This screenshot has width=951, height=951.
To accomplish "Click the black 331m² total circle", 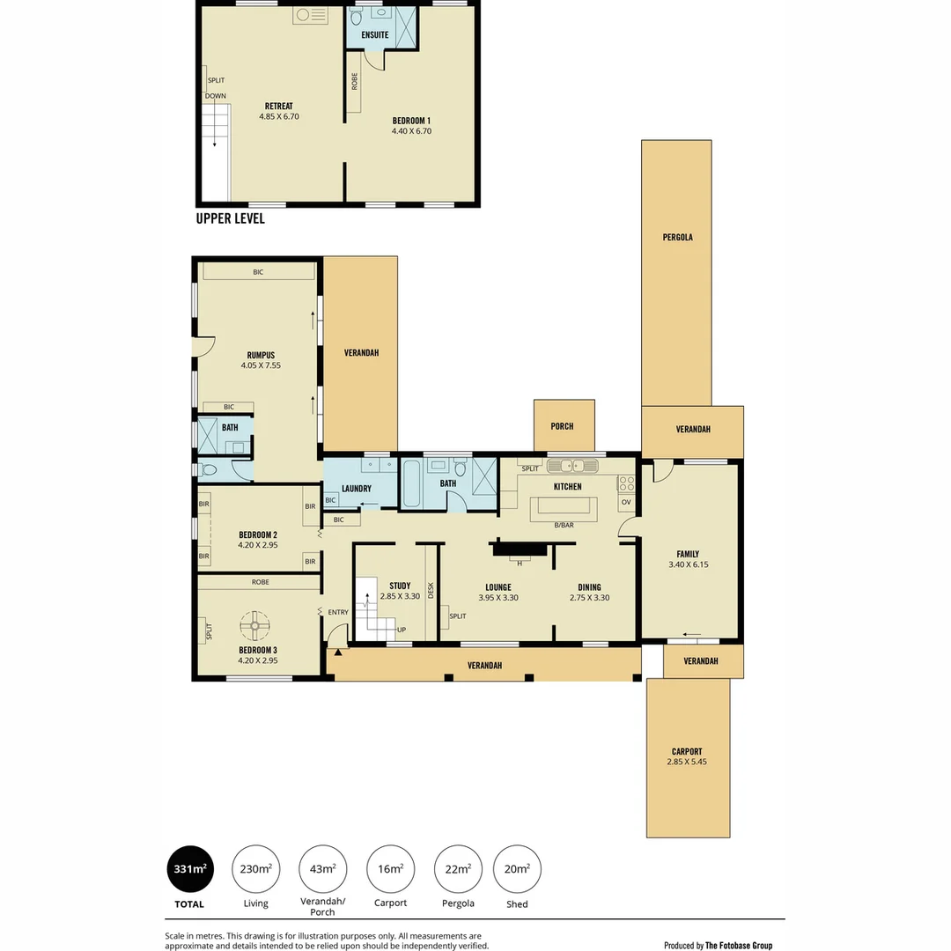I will (189, 869).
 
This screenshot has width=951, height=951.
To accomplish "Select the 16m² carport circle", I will (390, 869).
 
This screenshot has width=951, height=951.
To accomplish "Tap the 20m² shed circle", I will (517, 869).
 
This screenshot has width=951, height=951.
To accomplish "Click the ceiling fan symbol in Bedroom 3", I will (255, 626).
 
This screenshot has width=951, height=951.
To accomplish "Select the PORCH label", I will (562, 426).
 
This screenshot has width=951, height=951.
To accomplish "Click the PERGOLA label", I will (677, 237).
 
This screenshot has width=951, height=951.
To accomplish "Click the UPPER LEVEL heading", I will (230, 218).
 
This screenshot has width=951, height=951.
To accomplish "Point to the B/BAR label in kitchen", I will (564, 526).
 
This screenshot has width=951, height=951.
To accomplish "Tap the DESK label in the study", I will (431, 589).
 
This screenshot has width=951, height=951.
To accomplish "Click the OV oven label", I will (626, 502).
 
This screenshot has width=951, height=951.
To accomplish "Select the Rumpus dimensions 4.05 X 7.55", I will (261, 365).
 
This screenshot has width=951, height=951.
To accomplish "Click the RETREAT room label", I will (279, 106).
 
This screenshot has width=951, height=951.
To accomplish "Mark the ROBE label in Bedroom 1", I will (355, 82).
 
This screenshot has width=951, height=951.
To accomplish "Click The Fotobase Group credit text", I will (739, 945).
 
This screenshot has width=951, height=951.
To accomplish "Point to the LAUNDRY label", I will (356, 489).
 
